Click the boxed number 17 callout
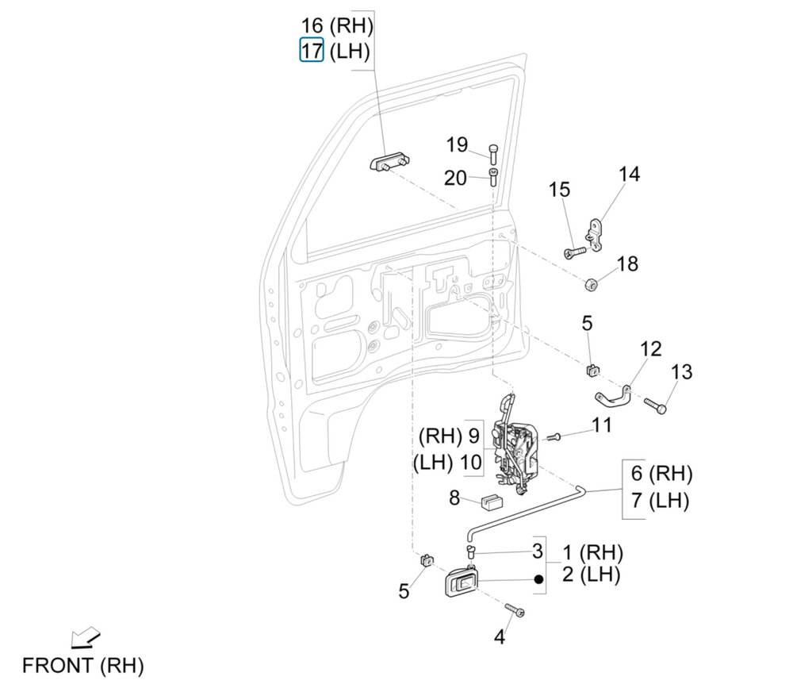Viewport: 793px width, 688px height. point(312,50)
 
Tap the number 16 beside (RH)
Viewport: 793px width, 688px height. point(312,25)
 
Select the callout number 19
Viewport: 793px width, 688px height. point(457,145)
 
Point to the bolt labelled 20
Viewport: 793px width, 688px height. point(493,178)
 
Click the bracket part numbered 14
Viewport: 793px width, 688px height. point(596,235)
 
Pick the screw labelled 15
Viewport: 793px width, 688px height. point(574,252)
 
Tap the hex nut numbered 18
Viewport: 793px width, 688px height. point(590,284)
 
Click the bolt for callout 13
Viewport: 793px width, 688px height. point(656,406)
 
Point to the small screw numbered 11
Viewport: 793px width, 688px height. point(554,436)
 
